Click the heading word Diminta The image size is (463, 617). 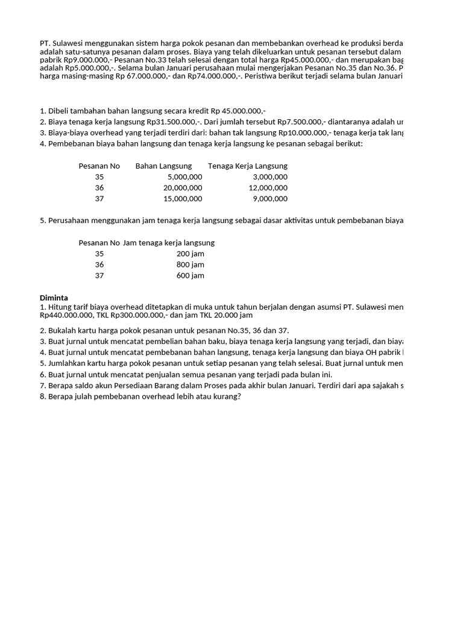coord(54,298)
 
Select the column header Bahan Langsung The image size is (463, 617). coord(163,166)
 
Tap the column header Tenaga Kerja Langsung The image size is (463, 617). coord(248,166)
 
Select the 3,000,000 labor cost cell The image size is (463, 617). coord(270,177)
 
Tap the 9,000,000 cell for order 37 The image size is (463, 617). coord(270,198)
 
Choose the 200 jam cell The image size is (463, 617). coord(190,254)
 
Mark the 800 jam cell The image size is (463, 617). coord(190,265)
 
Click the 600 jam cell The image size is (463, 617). coord(190,275)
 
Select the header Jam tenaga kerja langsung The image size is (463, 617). coord(169,243)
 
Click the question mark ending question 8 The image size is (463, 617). coord(239,396)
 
